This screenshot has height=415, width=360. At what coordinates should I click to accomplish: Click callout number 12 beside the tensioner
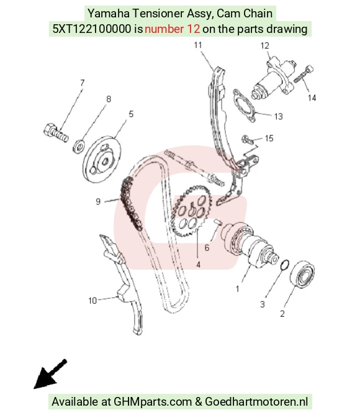click(265, 46)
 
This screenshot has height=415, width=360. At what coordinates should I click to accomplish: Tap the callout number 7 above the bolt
click(83, 83)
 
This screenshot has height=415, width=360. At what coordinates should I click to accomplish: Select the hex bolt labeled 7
click(56, 133)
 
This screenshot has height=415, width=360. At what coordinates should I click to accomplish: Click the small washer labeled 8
click(79, 145)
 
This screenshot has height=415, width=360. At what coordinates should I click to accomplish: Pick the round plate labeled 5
click(102, 159)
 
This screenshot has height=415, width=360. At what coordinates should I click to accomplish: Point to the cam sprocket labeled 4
click(191, 211)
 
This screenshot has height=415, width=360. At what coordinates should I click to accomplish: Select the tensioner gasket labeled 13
click(245, 106)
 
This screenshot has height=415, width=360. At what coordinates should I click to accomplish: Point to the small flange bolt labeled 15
click(248, 140)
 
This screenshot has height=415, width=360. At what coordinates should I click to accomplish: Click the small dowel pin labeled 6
click(218, 221)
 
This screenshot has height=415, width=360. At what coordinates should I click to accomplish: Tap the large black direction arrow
click(50, 374)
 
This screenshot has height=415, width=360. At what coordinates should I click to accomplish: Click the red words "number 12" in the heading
click(172, 29)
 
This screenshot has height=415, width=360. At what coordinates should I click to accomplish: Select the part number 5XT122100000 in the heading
click(91, 29)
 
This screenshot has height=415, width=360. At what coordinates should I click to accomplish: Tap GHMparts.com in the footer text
click(153, 402)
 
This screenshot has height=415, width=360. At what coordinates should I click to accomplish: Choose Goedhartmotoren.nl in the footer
click(256, 401)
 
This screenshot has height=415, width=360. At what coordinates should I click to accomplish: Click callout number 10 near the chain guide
click(92, 301)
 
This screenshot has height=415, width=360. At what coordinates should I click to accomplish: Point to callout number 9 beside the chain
click(98, 202)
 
